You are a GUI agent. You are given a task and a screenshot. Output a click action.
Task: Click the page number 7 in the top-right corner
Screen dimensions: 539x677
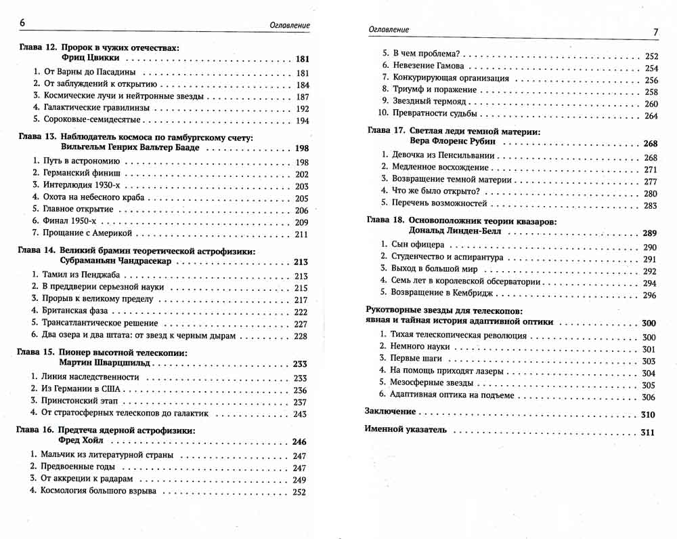655,32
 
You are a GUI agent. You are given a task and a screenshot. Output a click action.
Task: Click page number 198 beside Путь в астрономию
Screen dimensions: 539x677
301,162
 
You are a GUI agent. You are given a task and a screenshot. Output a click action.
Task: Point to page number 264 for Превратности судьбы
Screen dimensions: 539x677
651,116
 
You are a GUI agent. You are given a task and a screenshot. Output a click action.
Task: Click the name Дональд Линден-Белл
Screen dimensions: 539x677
458,233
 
